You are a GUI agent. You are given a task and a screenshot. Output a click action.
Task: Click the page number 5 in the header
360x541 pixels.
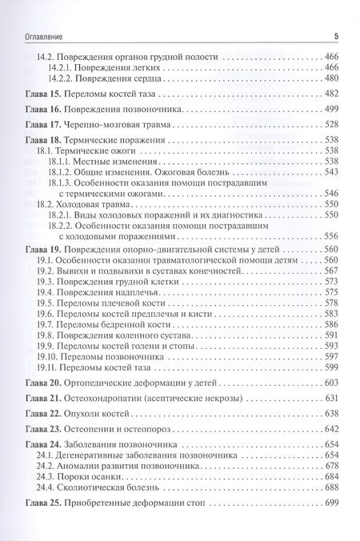click(337, 35)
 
